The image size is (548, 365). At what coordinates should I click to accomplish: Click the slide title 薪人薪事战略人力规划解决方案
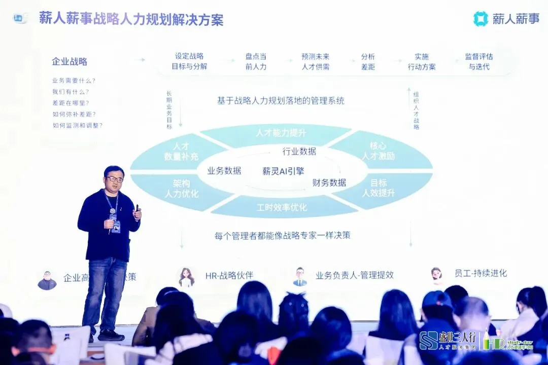pyautogui.click(x=131, y=20)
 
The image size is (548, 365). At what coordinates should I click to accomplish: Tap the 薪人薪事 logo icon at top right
pyautogui.click(x=480, y=19)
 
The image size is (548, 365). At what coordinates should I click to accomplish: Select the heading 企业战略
pyautogui.click(x=70, y=61)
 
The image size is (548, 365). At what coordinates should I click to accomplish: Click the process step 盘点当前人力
pyautogui.click(x=256, y=61)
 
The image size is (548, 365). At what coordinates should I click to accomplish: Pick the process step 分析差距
pyautogui.click(x=368, y=61)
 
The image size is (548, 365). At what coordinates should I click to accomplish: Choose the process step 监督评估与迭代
pyautogui.click(x=478, y=61)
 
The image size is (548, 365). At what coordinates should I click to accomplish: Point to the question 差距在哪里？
pyautogui.click(x=71, y=102)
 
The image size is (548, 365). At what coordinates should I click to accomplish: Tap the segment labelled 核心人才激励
pyautogui.click(x=378, y=151)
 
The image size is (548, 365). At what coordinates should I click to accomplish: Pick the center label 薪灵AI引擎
pyautogui.click(x=283, y=171)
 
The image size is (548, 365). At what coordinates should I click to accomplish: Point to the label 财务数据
pyautogui.click(x=329, y=182)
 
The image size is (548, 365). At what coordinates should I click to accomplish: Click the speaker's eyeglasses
pyautogui.click(x=115, y=179)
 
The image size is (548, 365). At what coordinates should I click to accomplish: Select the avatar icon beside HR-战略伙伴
pyautogui.click(x=187, y=277)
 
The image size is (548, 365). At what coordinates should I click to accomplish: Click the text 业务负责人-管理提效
pyautogui.click(x=354, y=275)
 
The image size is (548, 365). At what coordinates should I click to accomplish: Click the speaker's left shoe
pyautogui.click(x=111, y=336)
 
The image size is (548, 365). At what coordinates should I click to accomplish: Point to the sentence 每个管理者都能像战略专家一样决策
pyautogui.click(x=282, y=235)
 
